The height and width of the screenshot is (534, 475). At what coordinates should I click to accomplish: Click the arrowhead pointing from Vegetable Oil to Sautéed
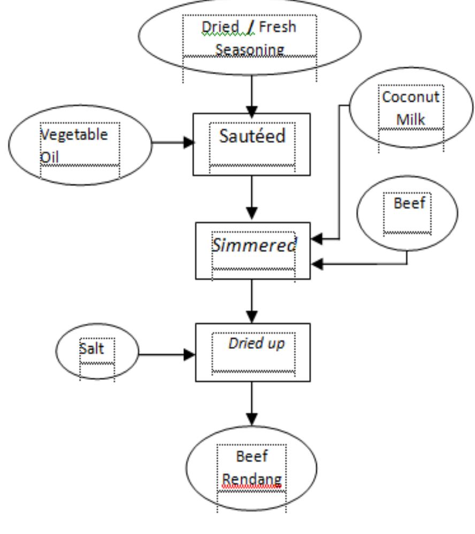coord(188,143)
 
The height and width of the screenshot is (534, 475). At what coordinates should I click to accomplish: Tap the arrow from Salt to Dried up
coord(166,354)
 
